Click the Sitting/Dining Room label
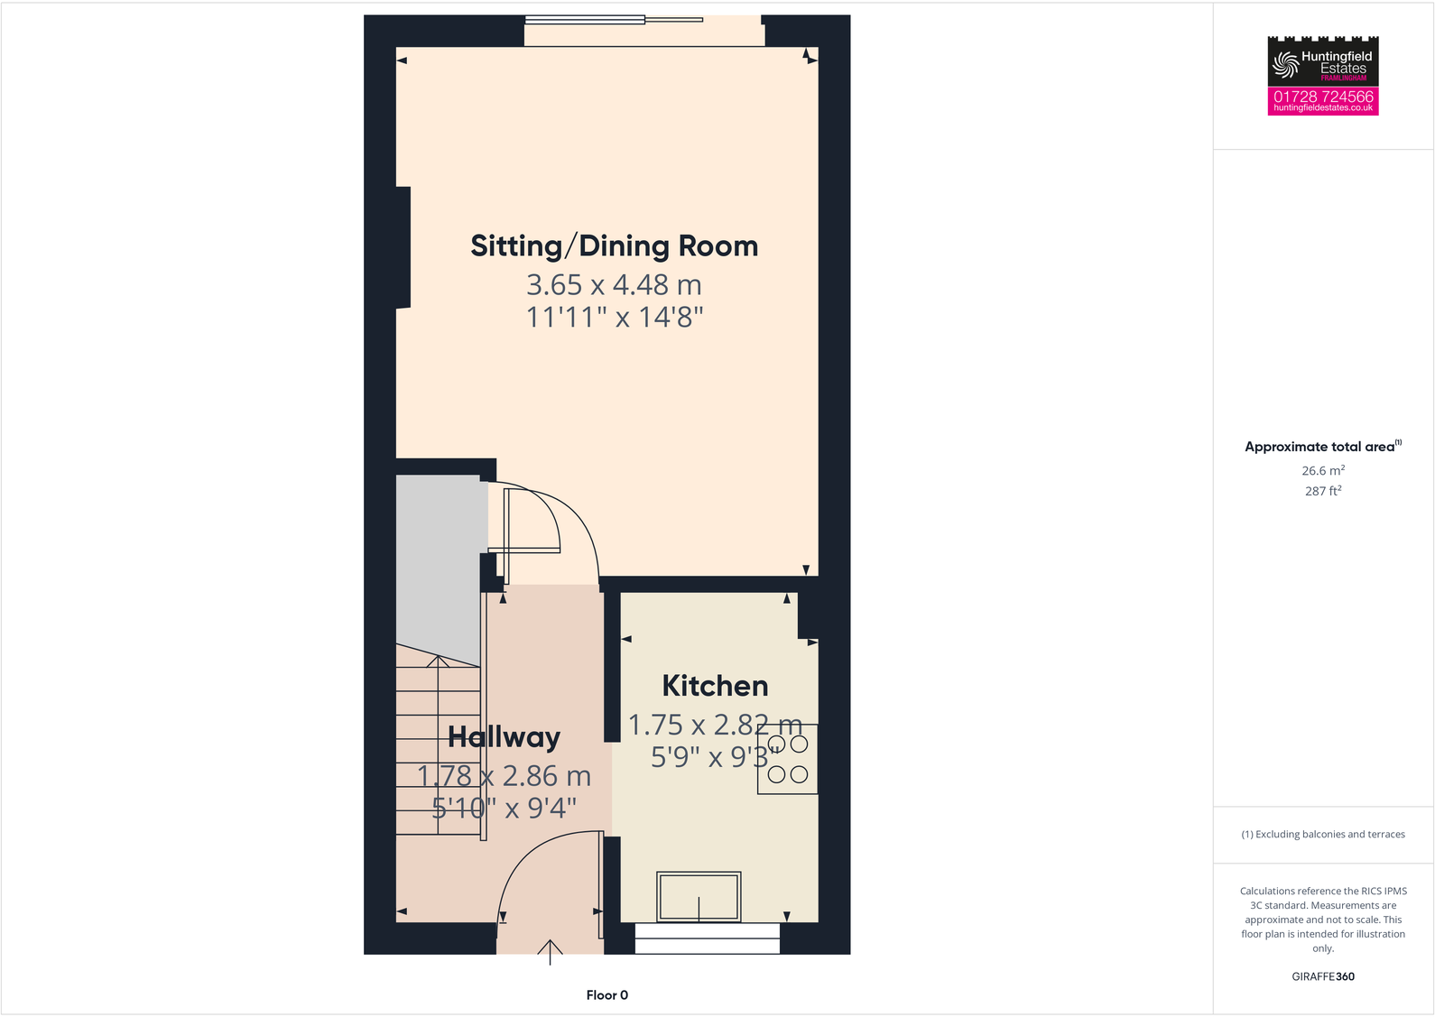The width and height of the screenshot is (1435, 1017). pyautogui.click(x=614, y=246)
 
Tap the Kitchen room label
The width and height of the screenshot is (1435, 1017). pyautogui.click(x=715, y=686)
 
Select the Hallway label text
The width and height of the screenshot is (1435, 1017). pyautogui.click(x=504, y=737)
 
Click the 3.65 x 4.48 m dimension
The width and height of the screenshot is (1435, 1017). pyautogui.click(x=614, y=285)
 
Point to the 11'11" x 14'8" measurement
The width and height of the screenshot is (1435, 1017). pyautogui.click(x=614, y=318)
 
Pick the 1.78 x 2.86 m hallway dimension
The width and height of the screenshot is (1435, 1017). pyautogui.click(x=504, y=776)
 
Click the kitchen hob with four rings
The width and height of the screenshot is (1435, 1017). pyautogui.click(x=788, y=759)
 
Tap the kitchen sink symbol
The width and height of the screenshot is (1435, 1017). pyautogui.click(x=699, y=896)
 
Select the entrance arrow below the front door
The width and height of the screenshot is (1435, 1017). pyautogui.click(x=550, y=951)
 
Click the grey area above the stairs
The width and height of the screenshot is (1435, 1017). pyautogui.click(x=439, y=559)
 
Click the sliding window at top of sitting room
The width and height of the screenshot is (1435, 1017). pyautogui.click(x=614, y=19)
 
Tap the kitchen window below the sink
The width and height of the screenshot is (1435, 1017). pyautogui.click(x=707, y=938)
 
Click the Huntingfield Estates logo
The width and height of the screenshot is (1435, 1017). pyautogui.click(x=1322, y=61)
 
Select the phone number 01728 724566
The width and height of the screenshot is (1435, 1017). pyautogui.click(x=1322, y=96)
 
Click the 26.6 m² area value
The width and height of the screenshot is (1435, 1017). pyautogui.click(x=1322, y=471)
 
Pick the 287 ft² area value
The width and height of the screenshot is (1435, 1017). pyautogui.click(x=1322, y=491)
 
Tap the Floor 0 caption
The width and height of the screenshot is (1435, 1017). pyautogui.click(x=606, y=995)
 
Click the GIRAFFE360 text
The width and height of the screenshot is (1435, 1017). pyautogui.click(x=1322, y=976)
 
